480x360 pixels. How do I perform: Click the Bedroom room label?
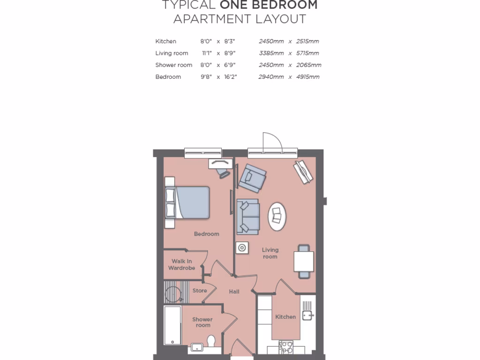tap(206, 234)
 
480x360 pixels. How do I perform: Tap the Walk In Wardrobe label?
tap(181, 265)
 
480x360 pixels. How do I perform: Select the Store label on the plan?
tap(200, 291)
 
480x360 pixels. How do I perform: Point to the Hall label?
tap(234, 292)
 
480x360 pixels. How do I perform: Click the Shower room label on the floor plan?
tap(202, 322)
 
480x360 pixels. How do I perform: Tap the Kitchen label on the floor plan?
tap(285, 317)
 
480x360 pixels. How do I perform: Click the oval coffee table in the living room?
tap(277, 216)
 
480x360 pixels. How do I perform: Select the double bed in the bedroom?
tap(187, 202)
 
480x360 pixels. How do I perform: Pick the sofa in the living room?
tap(248, 217)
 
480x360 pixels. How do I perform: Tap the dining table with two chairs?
tap(304, 262)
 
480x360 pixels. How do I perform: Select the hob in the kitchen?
tap(286, 347)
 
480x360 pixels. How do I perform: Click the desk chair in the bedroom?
tap(224, 172)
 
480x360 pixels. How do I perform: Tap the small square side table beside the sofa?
tap(242, 248)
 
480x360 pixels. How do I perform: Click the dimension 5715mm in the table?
tap(307, 53)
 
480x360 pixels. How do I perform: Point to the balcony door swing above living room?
tap(271, 142)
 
